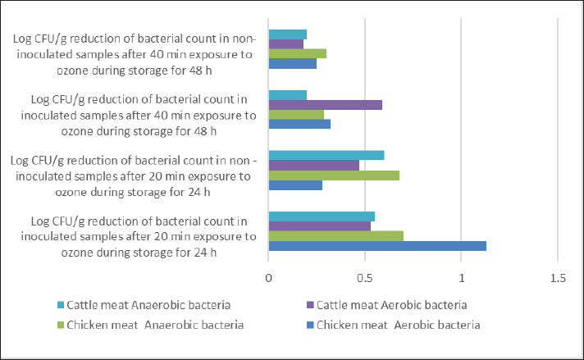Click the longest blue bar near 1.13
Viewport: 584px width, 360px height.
click(x=377, y=246)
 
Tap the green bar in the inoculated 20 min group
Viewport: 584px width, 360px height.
click(x=335, y=236)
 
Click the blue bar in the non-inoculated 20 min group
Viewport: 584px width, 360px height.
click(x=295, y=185)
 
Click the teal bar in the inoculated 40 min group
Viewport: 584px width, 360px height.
click(x=287, y=95)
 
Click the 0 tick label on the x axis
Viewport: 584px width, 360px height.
click(x=269, y=277)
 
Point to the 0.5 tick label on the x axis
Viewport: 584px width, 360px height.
click(x=365, y=277)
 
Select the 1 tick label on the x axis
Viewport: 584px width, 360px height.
click(x=462, y=277)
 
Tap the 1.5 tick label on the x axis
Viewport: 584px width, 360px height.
click(x=558, y=277)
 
